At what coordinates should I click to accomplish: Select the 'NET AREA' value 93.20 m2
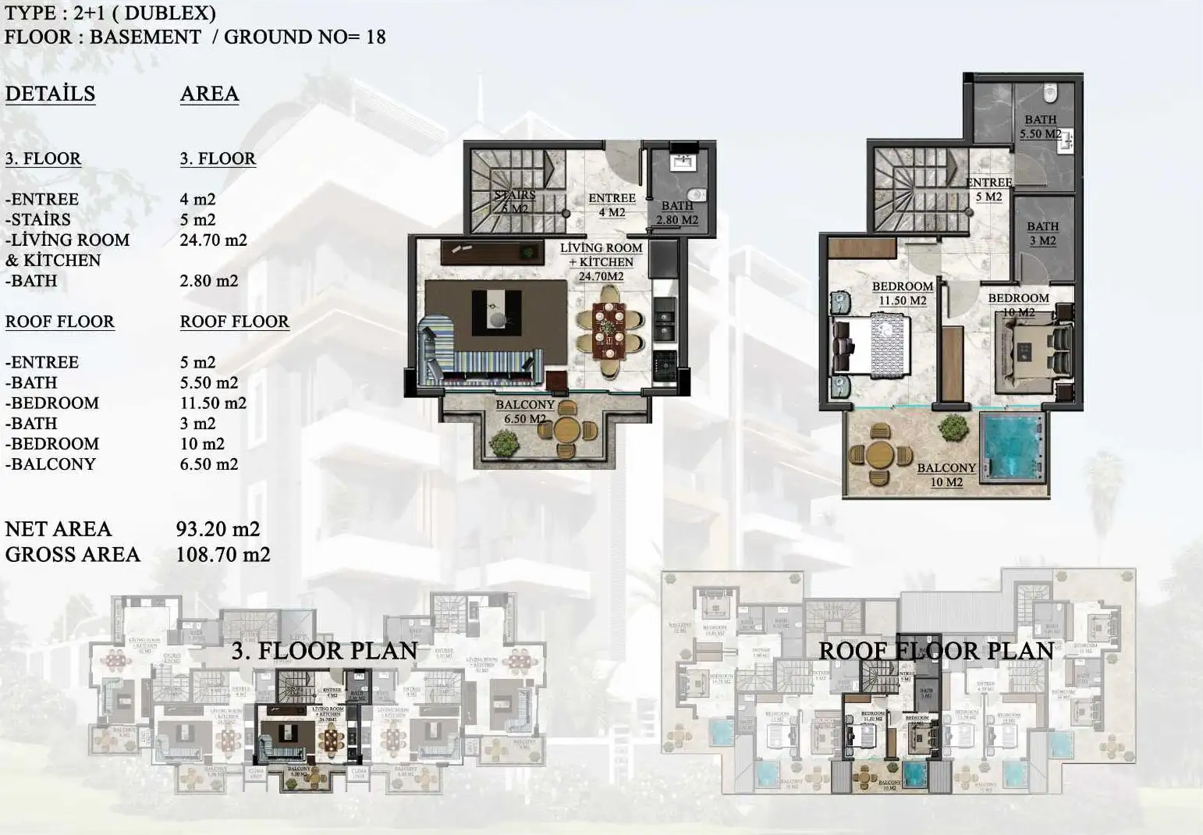(218, 529)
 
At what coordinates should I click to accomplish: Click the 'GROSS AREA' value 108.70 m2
(223, 555)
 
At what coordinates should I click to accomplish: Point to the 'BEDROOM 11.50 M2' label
(902, 293)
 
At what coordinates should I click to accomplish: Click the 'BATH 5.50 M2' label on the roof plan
(1040, 126)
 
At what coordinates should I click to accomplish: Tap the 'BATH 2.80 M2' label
(677, 213)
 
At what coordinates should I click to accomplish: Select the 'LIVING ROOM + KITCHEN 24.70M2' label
(601, 261)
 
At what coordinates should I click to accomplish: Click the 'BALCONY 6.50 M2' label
(525, 411)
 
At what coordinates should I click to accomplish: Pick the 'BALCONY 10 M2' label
(946, 474)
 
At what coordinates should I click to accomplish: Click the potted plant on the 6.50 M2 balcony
(504, 443)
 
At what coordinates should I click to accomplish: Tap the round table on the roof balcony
(880, 454)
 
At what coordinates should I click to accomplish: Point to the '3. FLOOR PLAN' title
(324, 651)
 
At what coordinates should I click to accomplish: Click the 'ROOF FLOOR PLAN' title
(936, 651)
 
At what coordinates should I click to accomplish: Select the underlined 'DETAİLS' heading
(50, 94)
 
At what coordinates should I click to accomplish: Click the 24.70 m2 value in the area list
(213, 240)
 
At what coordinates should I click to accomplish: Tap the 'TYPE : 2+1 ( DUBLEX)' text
(110, 13)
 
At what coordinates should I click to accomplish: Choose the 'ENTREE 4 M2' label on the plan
(612, 204)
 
